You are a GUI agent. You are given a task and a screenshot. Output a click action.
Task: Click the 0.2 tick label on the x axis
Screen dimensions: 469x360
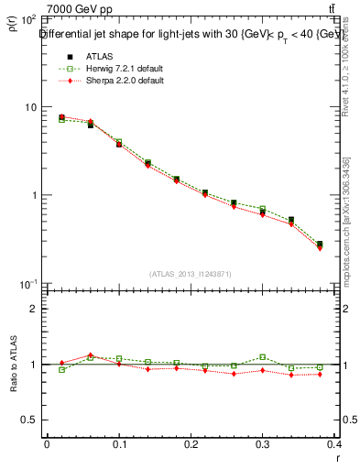[192, 443]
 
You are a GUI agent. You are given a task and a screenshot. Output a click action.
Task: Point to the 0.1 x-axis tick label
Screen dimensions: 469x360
[119, 443]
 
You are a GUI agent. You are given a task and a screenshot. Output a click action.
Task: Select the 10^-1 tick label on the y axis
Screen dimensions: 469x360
[27, 284]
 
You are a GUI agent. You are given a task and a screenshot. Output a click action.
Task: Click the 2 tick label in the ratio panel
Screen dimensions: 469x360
[34, 309]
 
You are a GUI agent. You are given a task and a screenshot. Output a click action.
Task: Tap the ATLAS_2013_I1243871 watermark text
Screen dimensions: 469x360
[191, 274]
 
